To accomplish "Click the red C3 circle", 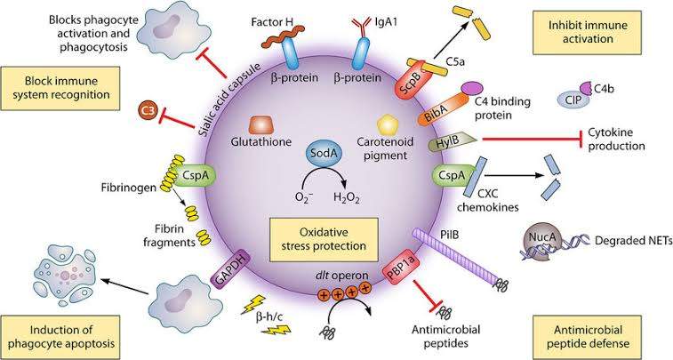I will tap(148, 111).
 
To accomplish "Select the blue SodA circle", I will tap(322, 155).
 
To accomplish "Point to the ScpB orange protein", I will tap(411, 80).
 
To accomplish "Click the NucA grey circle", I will tap(539, 238).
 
